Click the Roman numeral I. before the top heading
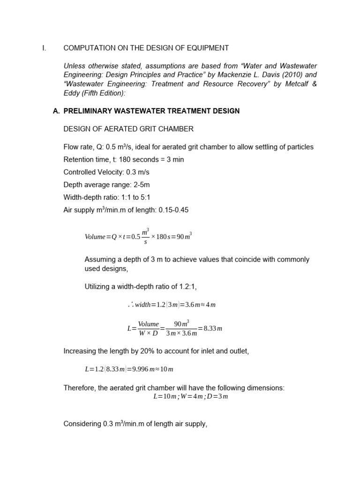pos(44,48)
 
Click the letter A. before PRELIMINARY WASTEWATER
pos(56,111)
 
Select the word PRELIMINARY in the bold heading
pos(87,111)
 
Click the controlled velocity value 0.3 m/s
pos(135,172)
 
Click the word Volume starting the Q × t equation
pos(95,237)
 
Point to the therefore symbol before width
pos(130,304)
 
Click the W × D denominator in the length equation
pos(149,333)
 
